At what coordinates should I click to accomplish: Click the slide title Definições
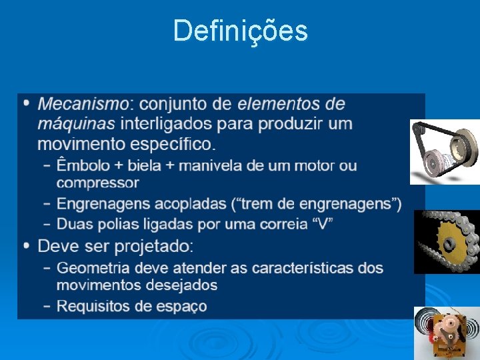pyautogui.click(x=240, y=31)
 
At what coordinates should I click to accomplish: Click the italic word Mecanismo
pyautogui.click(x=83, y=105)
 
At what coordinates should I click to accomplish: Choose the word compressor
pyautogui.click(x=97, y=183)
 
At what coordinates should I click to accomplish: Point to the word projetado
pyautogui.click(x=153, y=247)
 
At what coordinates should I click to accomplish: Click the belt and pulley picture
pyautogui.click(x=445, y=151)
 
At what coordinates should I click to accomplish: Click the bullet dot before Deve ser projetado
pyautogui.click(x=26, y=246)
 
